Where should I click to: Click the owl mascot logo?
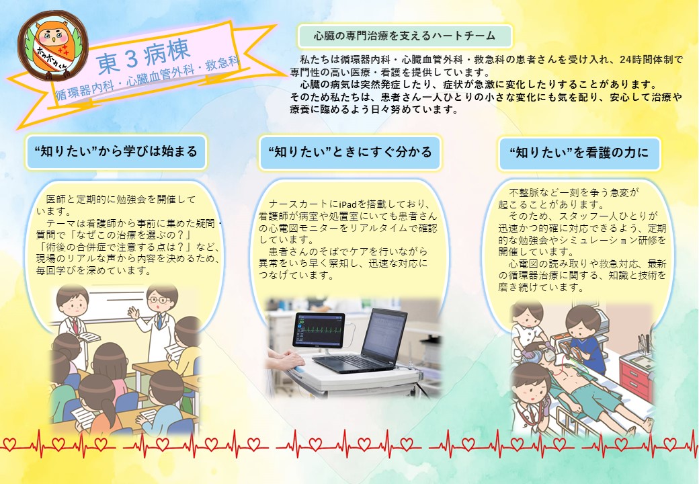click(x=52, y=46)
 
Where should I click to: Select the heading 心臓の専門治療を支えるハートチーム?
click(x=405, y=36)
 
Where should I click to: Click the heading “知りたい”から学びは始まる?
click(x=116, y=152)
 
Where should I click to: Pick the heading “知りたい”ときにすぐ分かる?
click(x=350, y=153)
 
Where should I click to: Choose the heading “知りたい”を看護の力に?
click(x=579, y=153)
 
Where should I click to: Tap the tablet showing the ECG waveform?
click(x=319, y=331)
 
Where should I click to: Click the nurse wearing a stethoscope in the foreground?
click(x=533, y=399)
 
